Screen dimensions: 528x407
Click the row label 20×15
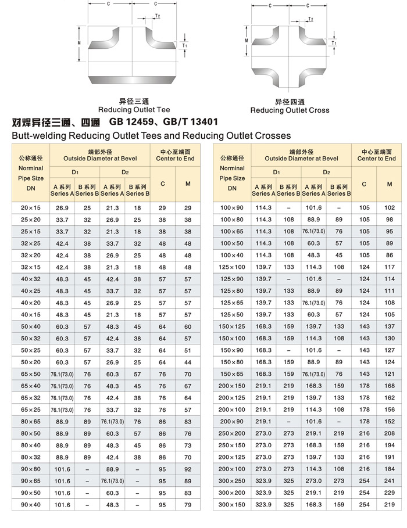[30, 208]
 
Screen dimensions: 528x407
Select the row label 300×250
[231, 481]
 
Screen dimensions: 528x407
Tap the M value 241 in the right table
[390, 481]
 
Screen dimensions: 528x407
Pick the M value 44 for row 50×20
[188, 362]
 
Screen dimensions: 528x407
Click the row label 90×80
[30, 469]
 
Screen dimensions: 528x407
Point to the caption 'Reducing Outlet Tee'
[134, 109]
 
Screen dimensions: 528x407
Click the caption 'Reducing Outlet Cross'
[290, 110]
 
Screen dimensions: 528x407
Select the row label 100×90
[231, 208]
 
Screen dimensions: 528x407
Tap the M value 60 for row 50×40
[188, 326]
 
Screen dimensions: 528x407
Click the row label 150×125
[231, 326]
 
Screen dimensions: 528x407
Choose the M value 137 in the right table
[390, 326]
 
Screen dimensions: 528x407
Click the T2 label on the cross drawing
[311, 19]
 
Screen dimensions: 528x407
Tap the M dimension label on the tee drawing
[78, 43]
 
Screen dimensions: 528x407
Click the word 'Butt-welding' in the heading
[38, 136]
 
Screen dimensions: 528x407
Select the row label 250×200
[231, 433]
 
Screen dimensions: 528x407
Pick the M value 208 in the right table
[390, 433]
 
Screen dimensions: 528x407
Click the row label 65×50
[30, 374]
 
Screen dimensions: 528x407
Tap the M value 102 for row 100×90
[390, 208]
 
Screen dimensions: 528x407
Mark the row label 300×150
[231, 505]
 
